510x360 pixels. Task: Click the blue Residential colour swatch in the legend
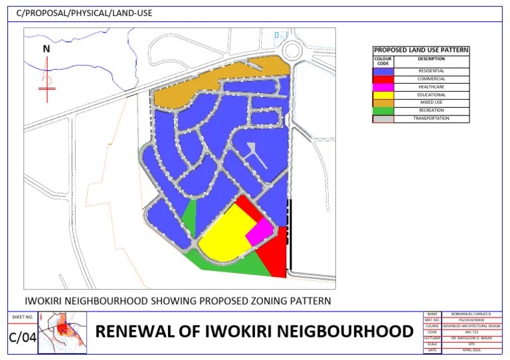pos(383,71)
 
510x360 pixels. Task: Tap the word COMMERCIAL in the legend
pos(431,79)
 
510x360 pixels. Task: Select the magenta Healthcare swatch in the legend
pos(383,87)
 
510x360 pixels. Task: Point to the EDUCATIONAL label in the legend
pos(431,95)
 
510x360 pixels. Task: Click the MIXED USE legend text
pos(431,103)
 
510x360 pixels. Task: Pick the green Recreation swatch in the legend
pos(383,111)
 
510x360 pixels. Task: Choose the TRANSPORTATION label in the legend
pos(431,119)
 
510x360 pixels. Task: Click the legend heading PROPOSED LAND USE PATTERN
pos(421,50)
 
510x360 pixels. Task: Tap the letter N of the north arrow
pos(46,48)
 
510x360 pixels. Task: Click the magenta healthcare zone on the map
pos(259,230)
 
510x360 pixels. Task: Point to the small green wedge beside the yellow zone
pos(190,217)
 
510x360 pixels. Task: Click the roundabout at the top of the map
pos(293,49)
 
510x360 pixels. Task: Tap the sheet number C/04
pos(22,337)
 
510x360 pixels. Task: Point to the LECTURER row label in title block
pos(432,338)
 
